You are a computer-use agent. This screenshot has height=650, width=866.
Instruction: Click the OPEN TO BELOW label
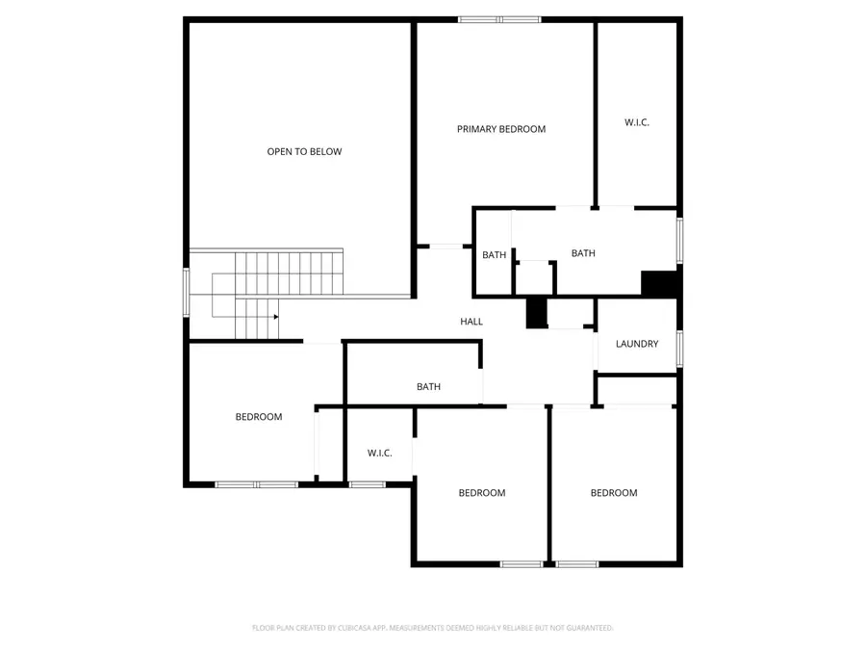tap(304, 152)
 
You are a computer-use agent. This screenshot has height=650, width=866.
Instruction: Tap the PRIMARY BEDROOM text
tap(501, 129)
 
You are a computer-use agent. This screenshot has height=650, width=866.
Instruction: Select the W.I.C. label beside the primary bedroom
tap(637, 122)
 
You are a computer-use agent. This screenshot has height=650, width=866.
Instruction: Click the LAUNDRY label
tap(637, 344)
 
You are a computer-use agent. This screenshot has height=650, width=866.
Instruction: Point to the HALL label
tap(471, 322)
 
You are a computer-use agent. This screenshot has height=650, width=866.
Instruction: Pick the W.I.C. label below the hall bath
tap(379, 453)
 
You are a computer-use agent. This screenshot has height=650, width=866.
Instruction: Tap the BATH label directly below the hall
tap(428, 387)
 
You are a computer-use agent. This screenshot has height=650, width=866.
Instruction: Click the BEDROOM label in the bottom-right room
tap(614, 493)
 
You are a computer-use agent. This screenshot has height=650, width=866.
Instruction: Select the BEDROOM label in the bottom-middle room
tap(481, 493)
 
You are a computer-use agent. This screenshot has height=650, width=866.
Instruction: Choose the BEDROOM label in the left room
tap(259, 417)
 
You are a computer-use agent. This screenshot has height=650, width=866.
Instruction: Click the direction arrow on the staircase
tap(275, 316)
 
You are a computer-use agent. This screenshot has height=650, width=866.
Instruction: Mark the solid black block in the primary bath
tap(659, 284)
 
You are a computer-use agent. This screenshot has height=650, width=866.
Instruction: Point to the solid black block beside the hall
tap(536, 313)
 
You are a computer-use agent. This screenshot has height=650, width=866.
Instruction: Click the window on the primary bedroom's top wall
tap(499, 19)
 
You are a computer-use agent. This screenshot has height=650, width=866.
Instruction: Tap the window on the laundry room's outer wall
tap(679, 349)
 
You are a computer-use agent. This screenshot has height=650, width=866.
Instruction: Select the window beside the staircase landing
tap(187, 291)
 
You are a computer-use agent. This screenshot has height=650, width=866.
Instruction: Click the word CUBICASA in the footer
tap(352, 628)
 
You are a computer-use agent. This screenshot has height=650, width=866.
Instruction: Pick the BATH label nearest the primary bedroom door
tap(494, 255)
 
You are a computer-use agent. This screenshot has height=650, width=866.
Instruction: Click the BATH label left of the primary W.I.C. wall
tap(583, 253)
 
